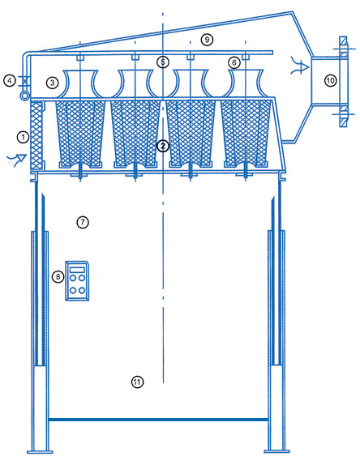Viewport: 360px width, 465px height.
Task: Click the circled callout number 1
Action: pos(23,137)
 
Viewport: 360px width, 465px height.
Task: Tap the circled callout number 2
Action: pos(163,146)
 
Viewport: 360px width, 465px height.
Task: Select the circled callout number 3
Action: pos(52,83)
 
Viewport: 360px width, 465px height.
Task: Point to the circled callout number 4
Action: pos(10,81)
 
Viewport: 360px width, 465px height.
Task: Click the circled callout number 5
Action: pos(163,62)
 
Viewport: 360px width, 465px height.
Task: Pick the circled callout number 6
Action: pos(234,62)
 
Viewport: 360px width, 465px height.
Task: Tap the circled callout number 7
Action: pos(83,222)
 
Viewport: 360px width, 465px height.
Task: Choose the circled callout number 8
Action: pos(58,277)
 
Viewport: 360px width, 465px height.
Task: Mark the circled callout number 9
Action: pos(207,39)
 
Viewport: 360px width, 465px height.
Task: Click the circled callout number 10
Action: pos(330,80)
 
